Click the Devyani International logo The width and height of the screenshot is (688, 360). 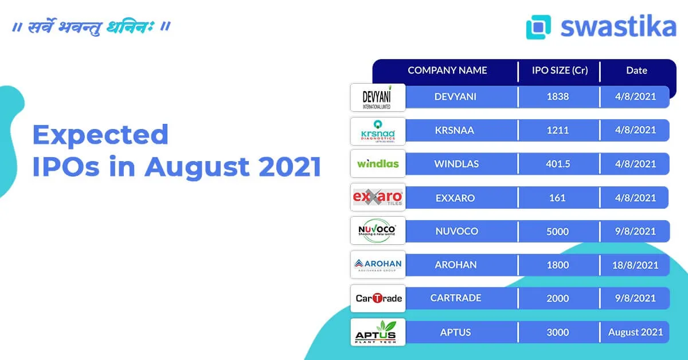(x=377, y=97)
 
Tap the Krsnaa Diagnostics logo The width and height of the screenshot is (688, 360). (x=377, y=131)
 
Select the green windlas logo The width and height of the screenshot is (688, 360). (x=377, y=164)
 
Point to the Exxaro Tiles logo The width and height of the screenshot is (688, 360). (x=377, y=198)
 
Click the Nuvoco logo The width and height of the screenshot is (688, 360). (x=377, y=231)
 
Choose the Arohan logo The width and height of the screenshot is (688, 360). (x=377, y=265)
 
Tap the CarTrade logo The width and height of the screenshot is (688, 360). (x=378, y=298)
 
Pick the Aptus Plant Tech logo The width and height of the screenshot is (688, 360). (x=377, y=332)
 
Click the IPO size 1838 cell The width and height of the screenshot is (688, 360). (x=558, y=96)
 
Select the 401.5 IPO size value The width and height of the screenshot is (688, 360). (x=558, y=164)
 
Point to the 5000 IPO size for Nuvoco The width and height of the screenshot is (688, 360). (x=558, y=231)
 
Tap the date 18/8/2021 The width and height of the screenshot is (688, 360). (x=635, y=265)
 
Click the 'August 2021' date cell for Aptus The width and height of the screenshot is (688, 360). (x=635, y=332)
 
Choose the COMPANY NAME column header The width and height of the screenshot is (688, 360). (x=447, y=71)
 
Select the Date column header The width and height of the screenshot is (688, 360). (x=636, y=71)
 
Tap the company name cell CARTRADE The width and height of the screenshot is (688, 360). (x=456, y=298)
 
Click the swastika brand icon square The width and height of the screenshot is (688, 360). (x=538, y=27)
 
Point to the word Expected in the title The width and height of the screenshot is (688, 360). (x=100, y=135)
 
